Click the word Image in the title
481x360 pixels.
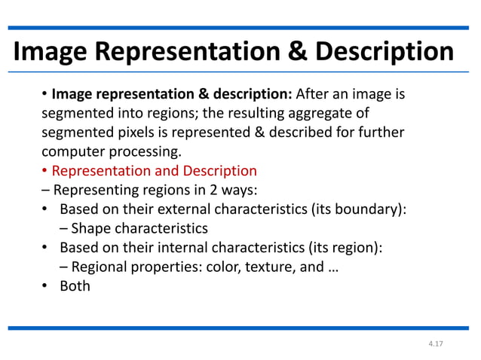[51, 52]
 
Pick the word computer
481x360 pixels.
[74, 151]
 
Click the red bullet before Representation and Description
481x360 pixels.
[44, 171]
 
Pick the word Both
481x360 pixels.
[75, 285]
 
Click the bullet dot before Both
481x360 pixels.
[45, 285]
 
